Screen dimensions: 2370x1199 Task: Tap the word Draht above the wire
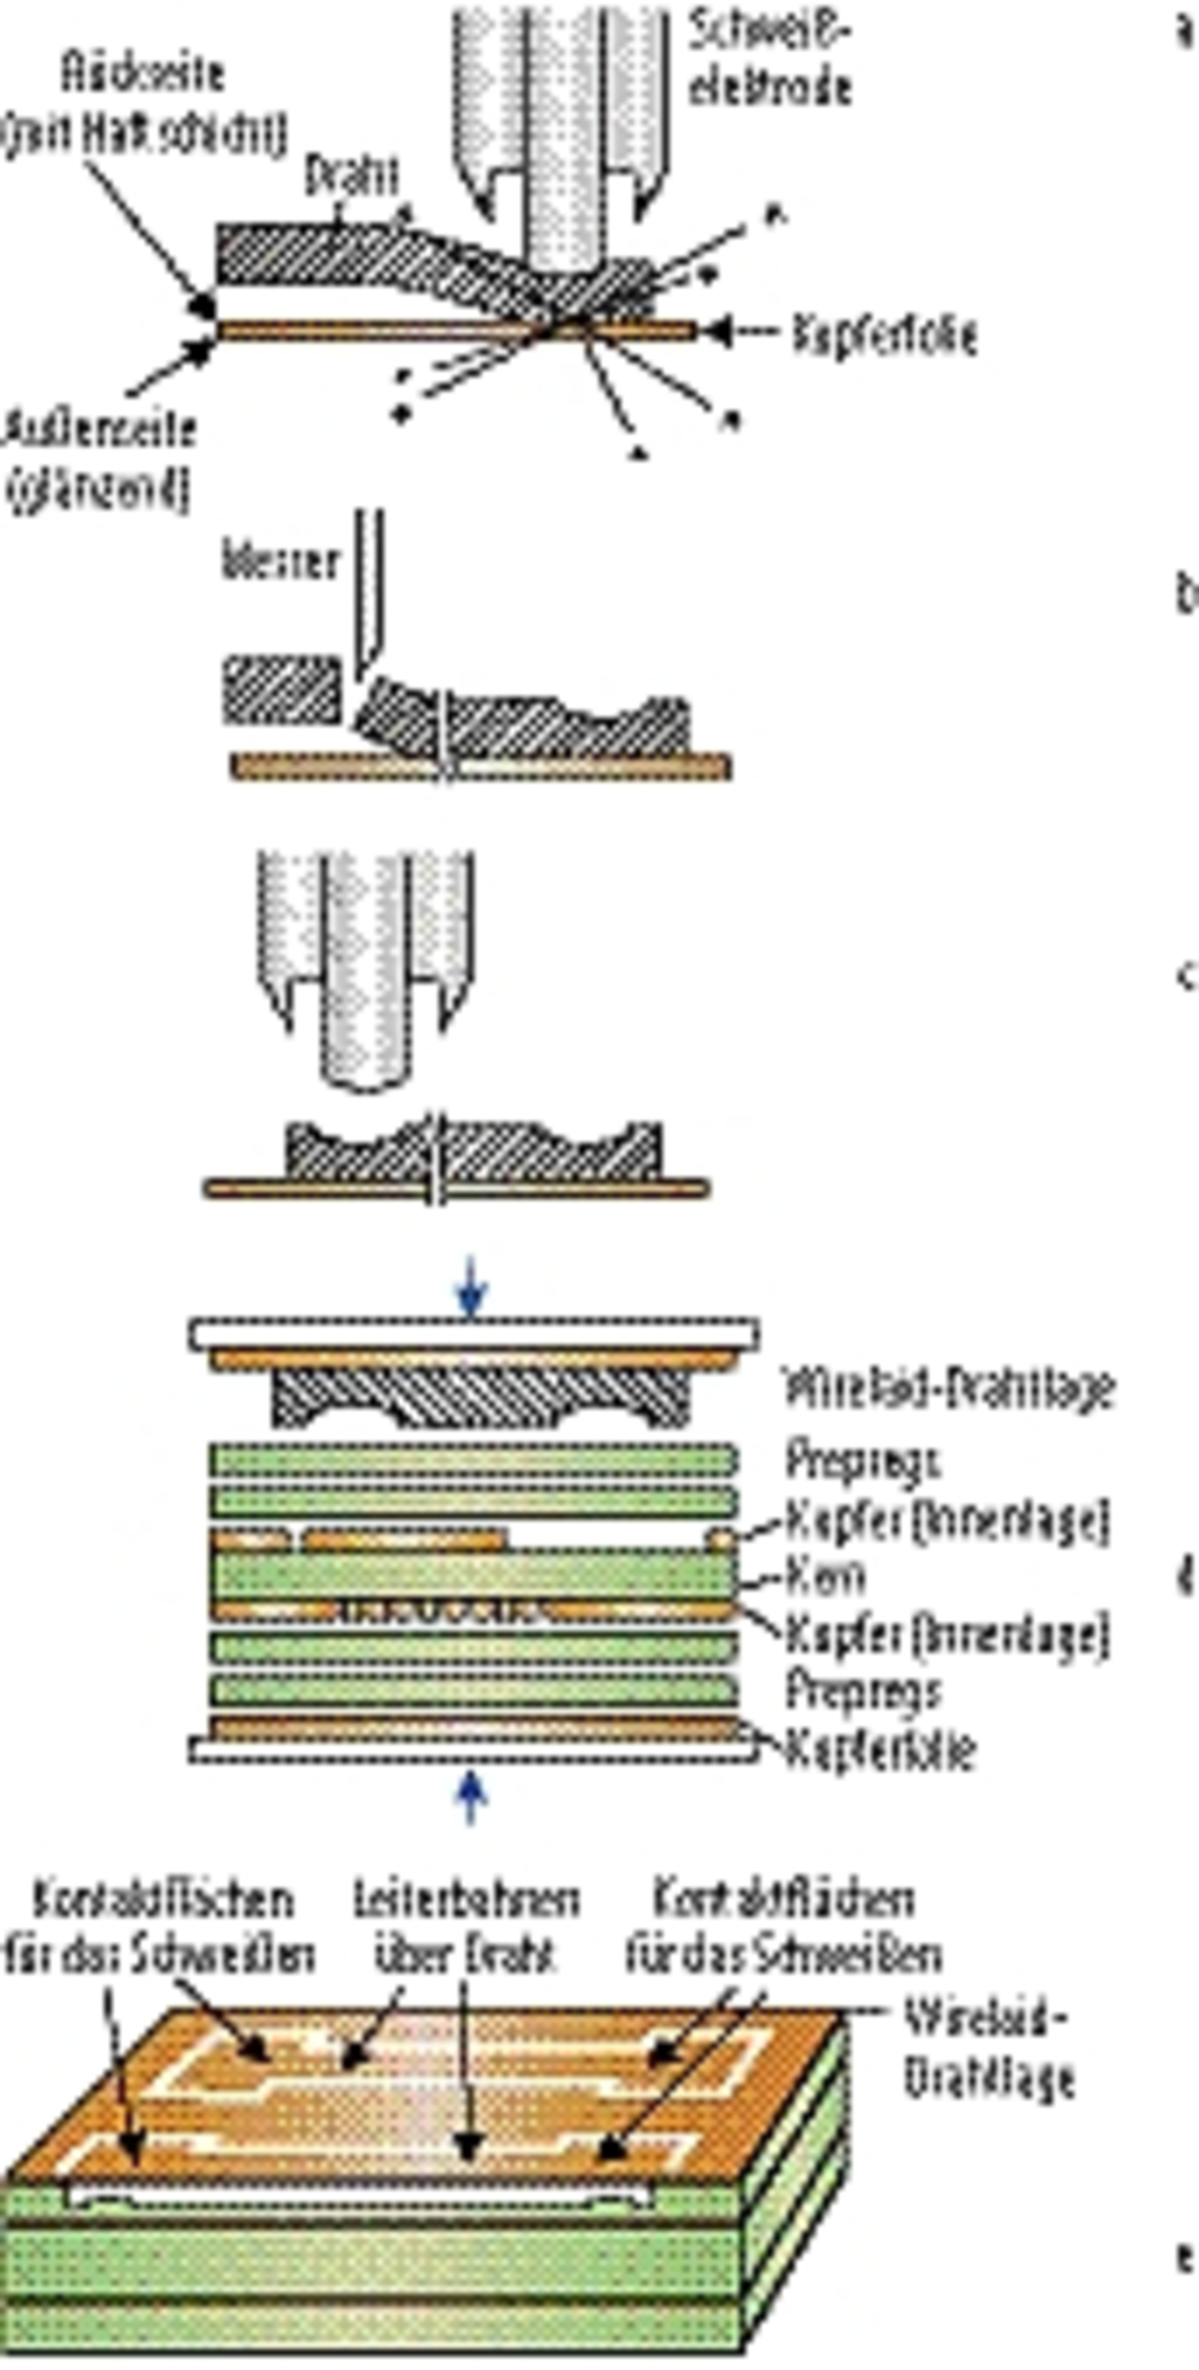[x=352, y=175]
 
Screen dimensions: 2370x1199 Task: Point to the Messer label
[x=280, y=562]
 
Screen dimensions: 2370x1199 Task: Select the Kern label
[x=824, y=1578]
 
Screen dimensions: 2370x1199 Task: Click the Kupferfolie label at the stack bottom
[x=881, y=1749]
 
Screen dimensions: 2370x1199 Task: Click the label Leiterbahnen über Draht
[x=466, y=1927]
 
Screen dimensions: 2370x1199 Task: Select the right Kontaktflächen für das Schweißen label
[x=783, y=1927]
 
